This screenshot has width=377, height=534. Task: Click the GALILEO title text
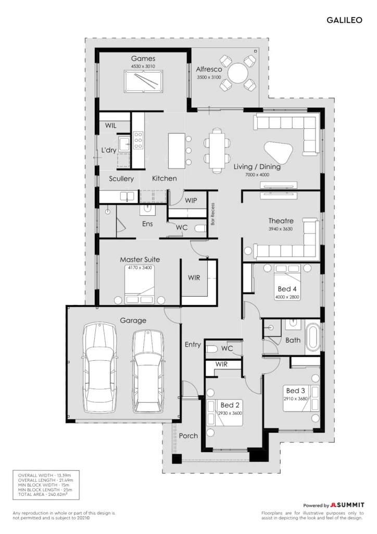[x=344, y=20]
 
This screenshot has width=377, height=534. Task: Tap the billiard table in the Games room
[x=143, y=81]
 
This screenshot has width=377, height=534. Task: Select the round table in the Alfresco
[x=238, y=73]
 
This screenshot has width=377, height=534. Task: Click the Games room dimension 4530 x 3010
[x=143, y=66]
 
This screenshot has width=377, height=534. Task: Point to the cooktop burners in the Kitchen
[x=138, y=140]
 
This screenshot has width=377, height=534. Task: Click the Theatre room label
[x=281, y=221]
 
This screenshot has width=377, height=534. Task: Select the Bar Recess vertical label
[x=213, y=214]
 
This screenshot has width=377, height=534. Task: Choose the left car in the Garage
[x=99, y=368]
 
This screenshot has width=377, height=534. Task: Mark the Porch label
[x=188, y=435]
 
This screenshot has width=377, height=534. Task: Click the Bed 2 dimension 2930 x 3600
[x=230, y=413]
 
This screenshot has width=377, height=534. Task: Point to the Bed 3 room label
[x=295, y=391]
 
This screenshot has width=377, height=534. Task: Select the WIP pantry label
[x=191, y=200]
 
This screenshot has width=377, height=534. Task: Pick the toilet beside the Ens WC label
[x=200, y=228]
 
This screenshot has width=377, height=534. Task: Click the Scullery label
[x=121, y=179]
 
